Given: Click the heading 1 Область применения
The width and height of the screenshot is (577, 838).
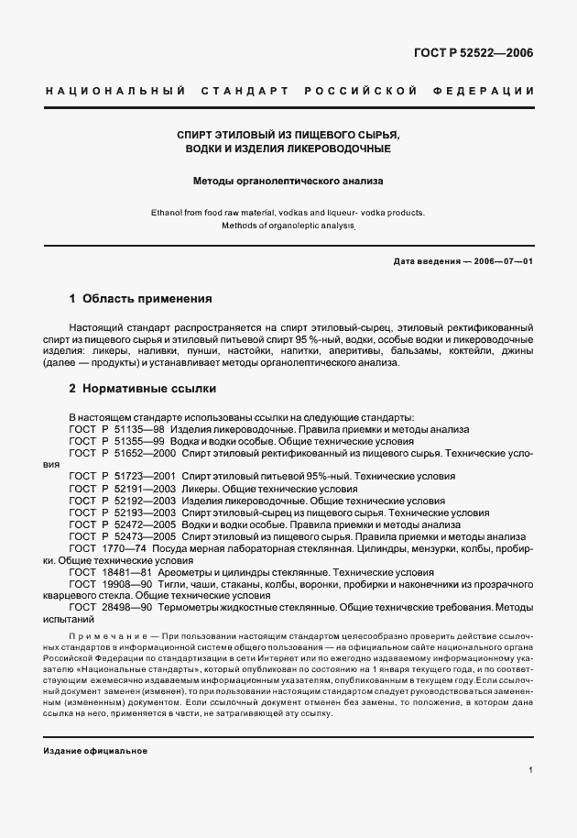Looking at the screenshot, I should pos(141,299).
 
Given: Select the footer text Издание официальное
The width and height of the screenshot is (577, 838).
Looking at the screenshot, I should pos(95,751).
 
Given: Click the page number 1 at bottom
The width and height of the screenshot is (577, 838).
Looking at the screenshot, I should pos(530,771).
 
